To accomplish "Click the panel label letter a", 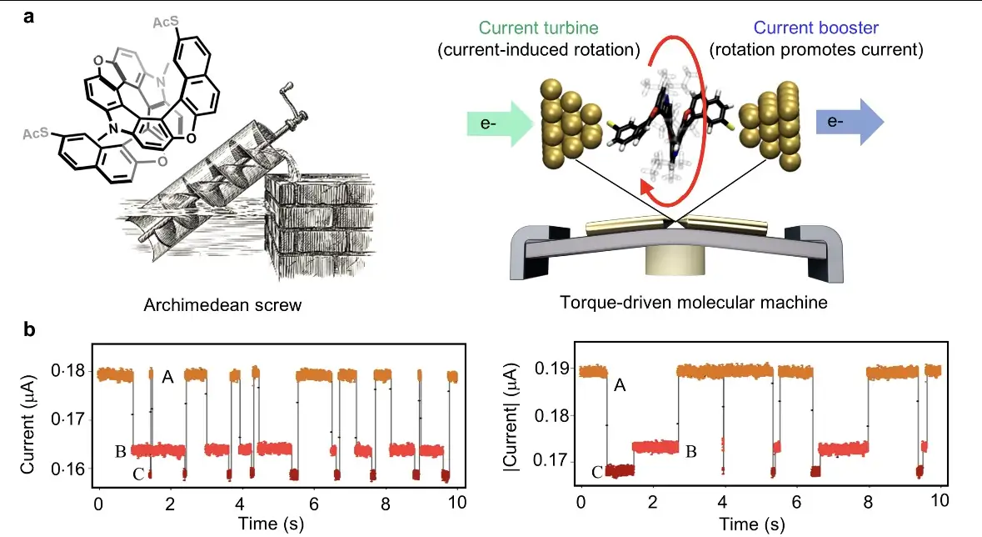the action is (29, 17).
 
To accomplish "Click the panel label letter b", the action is (29, 329).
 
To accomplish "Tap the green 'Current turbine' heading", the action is (539, 28).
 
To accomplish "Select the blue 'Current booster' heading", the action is (815, 28).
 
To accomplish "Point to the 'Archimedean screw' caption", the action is (222, 305).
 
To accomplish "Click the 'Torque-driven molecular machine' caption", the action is (693, 303).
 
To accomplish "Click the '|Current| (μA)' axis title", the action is (511, 416).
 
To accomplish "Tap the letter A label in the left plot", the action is (167, 377).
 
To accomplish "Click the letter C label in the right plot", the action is (597, 472).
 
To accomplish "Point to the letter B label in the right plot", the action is (690, 452).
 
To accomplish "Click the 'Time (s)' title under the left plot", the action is (271, 523).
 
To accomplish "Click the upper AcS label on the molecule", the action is (166, 23).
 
